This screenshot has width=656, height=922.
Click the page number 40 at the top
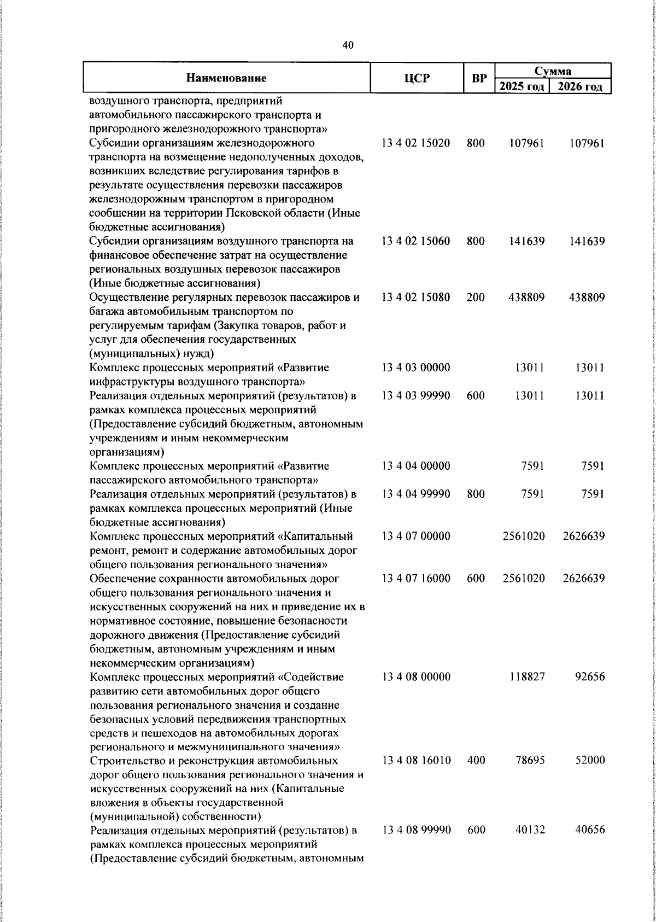click(348, 45)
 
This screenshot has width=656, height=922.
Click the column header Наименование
click(226, 78)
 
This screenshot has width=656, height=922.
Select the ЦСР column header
click(417, 78)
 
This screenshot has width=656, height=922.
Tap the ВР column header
click(479, 78)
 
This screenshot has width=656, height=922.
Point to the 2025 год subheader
click(522, 87)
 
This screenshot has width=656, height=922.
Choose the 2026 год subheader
click(581, 87)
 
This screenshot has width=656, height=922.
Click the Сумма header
click(552, 71)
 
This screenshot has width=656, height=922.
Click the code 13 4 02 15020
click(416, 143)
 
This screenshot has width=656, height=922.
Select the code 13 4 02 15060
click(416, 241)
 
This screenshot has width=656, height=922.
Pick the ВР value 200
click(476, 298)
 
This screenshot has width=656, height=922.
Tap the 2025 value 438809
click(523, 298)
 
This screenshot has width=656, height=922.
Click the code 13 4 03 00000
click(416, 367)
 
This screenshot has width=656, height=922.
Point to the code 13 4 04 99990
click(416, 494)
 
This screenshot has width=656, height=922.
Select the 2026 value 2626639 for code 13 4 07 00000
click(583, 536)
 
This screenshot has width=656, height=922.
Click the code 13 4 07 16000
click(416, 578)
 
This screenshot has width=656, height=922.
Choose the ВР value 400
click(476, 761)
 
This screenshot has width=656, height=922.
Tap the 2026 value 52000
click(589, 761)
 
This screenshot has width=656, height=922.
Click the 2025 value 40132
click(529, 845)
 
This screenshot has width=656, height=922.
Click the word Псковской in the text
click(276, 213)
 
